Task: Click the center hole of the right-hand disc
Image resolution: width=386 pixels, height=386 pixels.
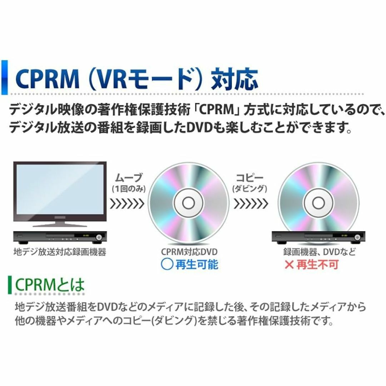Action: (x=318, y=203)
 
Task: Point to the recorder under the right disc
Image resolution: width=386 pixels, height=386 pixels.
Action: (x=318, y=237)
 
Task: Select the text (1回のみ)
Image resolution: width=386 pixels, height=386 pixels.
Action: (x=128, y=189)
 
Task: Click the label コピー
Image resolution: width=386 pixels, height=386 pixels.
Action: (x=250, y=178)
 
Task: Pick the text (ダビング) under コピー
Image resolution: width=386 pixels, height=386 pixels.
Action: (x=250, y=189)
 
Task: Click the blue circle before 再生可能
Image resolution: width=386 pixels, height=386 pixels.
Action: (x=167, y=264)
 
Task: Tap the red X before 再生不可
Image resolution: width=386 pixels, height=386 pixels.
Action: (x=289, y=264)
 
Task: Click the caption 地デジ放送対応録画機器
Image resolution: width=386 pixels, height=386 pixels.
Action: (x=60, y=252)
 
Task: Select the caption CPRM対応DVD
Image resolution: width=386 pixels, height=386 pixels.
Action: (x=189, y=252)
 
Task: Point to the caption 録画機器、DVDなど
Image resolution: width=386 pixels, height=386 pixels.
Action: (x=320, y=252)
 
